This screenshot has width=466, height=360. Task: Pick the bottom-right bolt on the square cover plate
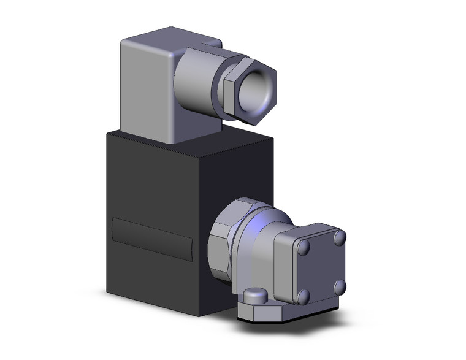pos(338,286)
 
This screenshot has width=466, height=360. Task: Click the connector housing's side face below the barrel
pos(202,123)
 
